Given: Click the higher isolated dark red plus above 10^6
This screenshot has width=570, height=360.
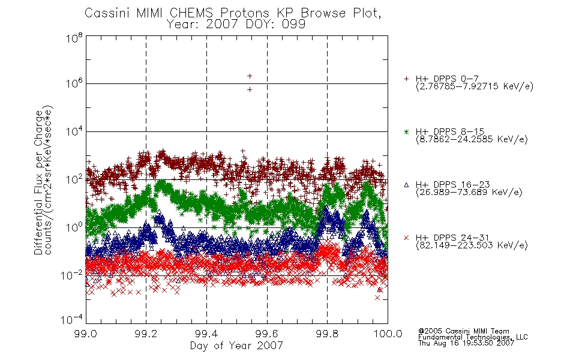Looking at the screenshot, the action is tap(250, 76).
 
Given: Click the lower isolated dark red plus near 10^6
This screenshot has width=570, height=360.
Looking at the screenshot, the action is tap(250, 89).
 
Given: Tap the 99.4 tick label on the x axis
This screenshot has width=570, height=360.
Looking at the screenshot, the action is tap(207, 334).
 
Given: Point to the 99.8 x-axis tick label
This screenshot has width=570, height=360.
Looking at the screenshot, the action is tap(328, 334).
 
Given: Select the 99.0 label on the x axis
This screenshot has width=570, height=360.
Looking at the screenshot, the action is tap(86, 334).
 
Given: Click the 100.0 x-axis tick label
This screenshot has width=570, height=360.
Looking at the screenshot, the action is tap(388, 334).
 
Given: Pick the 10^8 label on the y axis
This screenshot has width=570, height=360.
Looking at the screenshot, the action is tap(74, 38).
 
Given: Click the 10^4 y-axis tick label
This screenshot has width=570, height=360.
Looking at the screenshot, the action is tap(74, 131).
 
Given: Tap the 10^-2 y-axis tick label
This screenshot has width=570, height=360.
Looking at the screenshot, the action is tap(71, 275).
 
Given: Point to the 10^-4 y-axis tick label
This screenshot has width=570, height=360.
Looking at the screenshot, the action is tap(71, 319).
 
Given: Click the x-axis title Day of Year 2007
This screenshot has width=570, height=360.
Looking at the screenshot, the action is tap(236, 346).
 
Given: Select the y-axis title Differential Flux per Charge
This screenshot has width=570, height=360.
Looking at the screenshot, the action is tap(38, 183).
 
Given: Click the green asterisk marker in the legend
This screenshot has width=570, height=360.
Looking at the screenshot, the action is tap(406, 132).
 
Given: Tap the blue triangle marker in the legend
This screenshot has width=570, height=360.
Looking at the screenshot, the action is tap(406, 185).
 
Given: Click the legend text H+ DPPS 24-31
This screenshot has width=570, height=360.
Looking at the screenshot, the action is tap(452, 238).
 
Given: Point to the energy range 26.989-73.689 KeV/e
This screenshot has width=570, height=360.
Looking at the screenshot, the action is tap(469, 192).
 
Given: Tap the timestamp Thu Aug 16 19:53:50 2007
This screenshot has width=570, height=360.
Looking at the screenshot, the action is tap(466, 343).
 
